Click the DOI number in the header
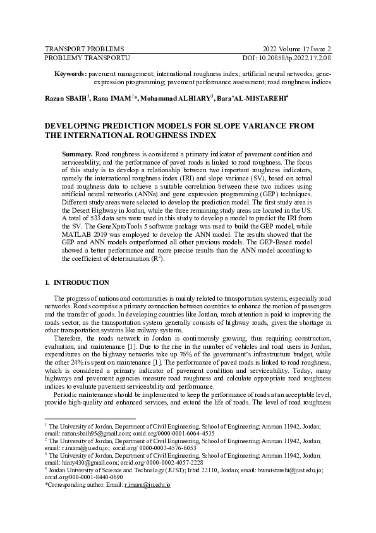[305, 58]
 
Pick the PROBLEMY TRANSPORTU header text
[87, 58]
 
